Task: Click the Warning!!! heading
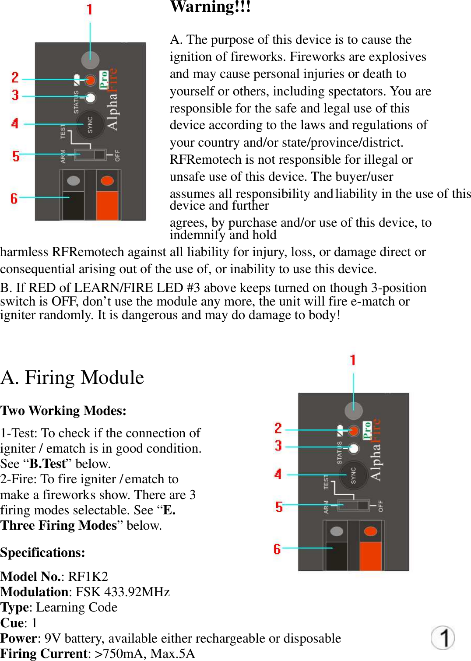click(210, 7)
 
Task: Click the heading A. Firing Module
click(72, 377)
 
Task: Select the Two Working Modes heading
click(63, 411)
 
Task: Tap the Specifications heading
click(42, 552)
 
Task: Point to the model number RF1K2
click(88, 577)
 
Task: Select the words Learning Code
click(77, 607)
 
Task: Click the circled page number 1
click(443, 637)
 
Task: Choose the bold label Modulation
click(34, 592)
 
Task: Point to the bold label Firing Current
click(44, 654)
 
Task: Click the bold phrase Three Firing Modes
click(59, 525)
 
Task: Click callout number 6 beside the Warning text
click(14, 198)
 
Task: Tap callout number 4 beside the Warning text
click(15, 123)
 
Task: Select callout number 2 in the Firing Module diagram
click(278, 428)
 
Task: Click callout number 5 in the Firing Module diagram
click(279, 506)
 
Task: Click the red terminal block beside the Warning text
click(107, 204)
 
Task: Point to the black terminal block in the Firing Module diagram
click(337, 555)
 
